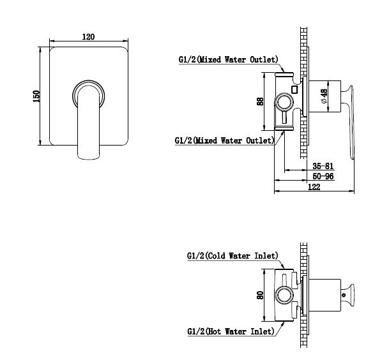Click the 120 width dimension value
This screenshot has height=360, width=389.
tap(88, 36)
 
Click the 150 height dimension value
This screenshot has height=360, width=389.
tap(36, 96)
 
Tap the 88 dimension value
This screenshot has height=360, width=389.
tap(260, 101)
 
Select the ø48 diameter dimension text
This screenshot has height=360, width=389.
tap(324, 96)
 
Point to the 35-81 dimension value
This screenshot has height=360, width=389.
tap(323, 166)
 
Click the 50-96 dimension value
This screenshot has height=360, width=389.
tap(323, 176)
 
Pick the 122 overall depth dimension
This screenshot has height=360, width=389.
tap(314, 186)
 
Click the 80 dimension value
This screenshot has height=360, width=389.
tap(260, 295)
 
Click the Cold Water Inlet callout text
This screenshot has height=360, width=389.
tap(233, 255)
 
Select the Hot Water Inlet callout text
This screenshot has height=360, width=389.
tap(231, 331)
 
